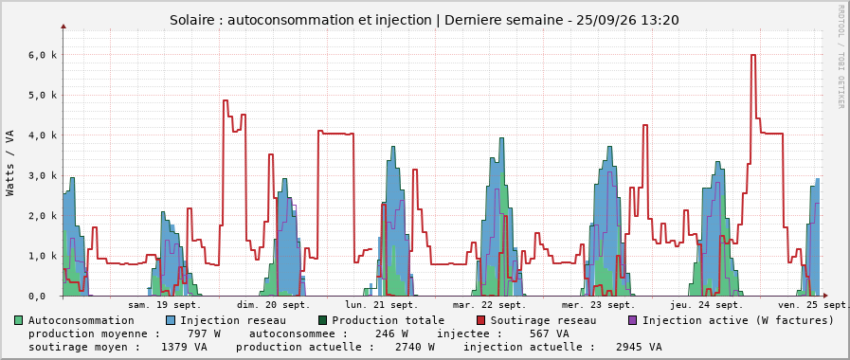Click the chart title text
(x=425, y=20)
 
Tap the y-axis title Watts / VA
(x=10, y=162)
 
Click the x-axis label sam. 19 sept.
(x=165, y=304)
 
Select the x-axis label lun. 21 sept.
(x=382, y=304)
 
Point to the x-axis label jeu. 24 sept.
(x=706, y=304)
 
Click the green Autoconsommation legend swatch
(x=19, y=320)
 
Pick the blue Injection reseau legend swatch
(x=171, y=320)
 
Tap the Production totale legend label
(x=389, y=320)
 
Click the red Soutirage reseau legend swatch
(x=480, y=320)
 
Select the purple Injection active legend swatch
(x=632, y=320)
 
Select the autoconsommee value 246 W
(x=392, y=333)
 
